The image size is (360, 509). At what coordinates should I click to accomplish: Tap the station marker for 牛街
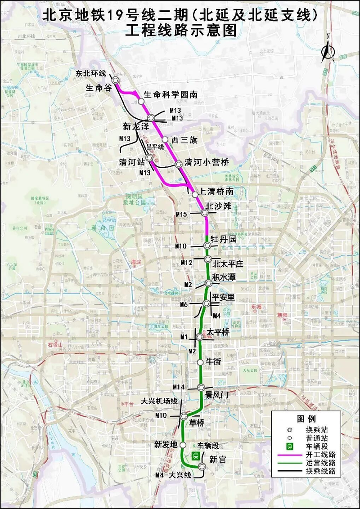click(201, 362)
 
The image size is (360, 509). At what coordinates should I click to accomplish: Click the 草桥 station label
click(197, 423)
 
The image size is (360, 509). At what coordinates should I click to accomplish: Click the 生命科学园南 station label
click(171, 95)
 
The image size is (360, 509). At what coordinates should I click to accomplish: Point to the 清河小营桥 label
click(207, 163)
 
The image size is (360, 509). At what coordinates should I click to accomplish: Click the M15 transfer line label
click(181, 214)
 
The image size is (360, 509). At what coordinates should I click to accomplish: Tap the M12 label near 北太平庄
click(186, 262)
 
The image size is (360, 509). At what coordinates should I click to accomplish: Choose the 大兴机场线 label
click(159, 401)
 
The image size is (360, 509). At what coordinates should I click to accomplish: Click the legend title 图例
click(307, 418)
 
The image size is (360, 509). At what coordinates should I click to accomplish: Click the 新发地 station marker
click(183, 444)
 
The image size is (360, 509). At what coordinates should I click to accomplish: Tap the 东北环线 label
click(90, 73)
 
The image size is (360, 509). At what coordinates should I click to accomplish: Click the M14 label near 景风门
click(180, 387)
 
